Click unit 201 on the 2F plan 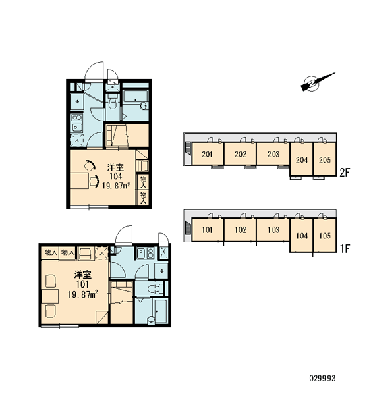pyautogui.click(x=207, y=154)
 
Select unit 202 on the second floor pyautogui.click(x=240, y=154)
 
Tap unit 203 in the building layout pyautogui.click(x=273, y=154)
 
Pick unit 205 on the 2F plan pyautogui.click(x=324, y=159)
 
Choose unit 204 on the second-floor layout pyautogui.click(x=302, y=159)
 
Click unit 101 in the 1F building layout pyautogui.click(x=207, y=230)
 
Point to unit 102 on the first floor pyautogui.click(x=240, y=230)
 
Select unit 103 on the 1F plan pyautogui.click(x=273, y=230)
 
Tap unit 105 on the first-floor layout pyautogui.click(x=324, y=236)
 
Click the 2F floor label pyautogui.click(x=345, y=173)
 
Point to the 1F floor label pyautogui.click(x=345, y=248)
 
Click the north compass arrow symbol pyautogui.click(x=317, y=82)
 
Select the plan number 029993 pyautogui.click(x=322, y=379)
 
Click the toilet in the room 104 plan pyautogui.click(x=112, y=102)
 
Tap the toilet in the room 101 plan pyautogui.click(x=155, y=288)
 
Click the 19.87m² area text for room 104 pyautogui.click(x=115, y=186)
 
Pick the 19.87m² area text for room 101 pyautogui.click(x=82, y=294)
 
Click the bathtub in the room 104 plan pyautogui.click(x=136, y=101)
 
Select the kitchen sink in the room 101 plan pyautogui.click(x=141, y=253)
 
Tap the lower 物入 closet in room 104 pyautogui.click(x=143, y=198)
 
